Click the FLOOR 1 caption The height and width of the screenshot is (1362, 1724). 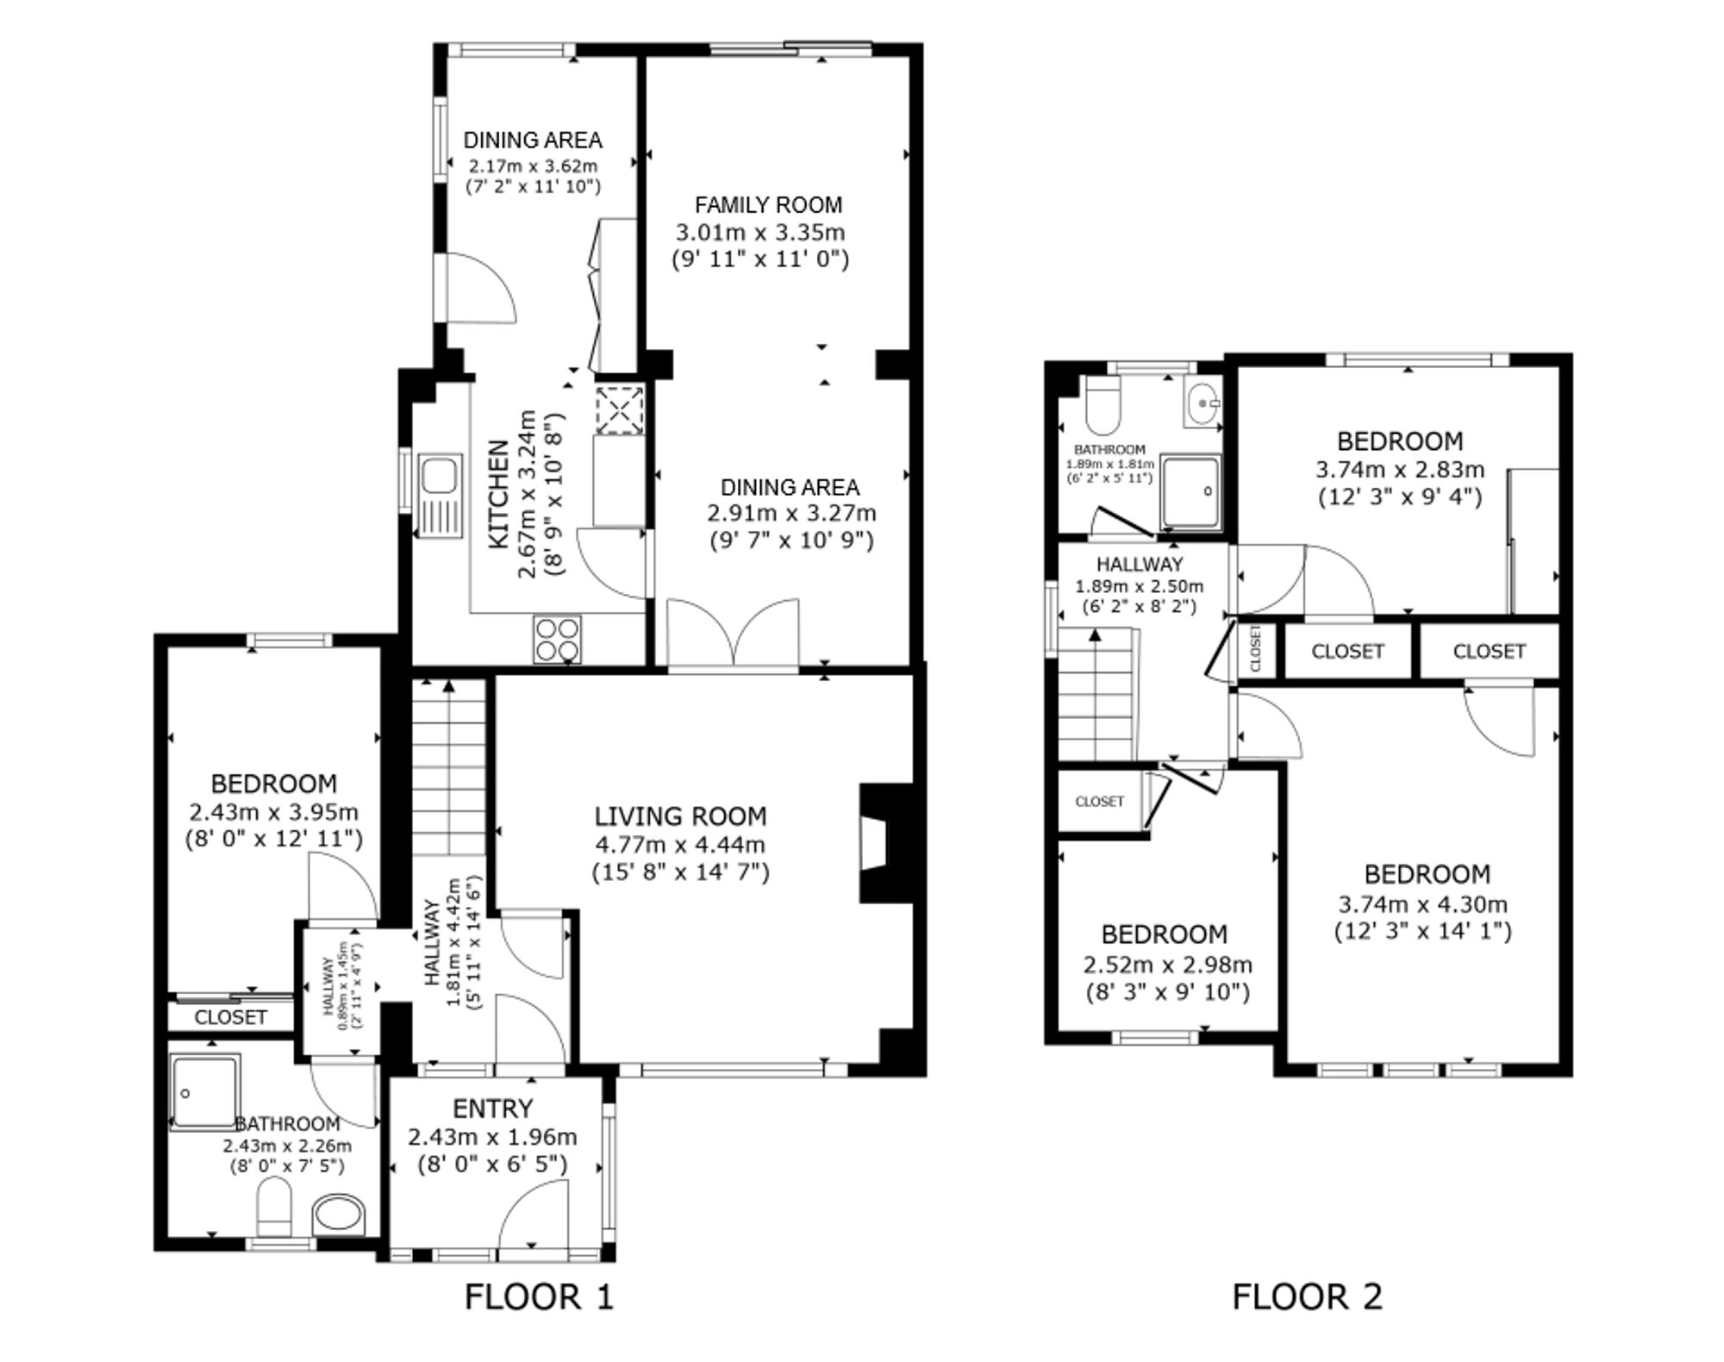(x=539, y=1296)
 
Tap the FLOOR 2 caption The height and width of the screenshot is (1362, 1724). (x=1307, y=1296)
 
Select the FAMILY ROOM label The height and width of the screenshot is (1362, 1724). (x=768, y=205)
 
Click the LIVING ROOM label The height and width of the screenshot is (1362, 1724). (x=680, y=816)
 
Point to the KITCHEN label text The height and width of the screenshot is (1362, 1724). (x=499, y=494)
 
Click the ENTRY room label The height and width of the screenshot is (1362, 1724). (x=493, y=1109)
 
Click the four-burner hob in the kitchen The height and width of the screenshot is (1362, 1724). (x=557, y=639)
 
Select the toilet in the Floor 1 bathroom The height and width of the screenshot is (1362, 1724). (x=275, y=1208)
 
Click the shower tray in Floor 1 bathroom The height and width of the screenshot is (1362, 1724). (x=204, y=1092)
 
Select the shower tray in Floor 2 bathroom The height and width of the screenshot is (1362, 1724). (x=1190, y=491)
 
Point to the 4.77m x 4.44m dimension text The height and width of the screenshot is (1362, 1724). (x=680, y=845)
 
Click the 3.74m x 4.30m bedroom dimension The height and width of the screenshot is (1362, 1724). (x=1422, y=904)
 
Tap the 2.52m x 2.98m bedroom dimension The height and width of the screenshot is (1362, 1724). (x=1167, y=965)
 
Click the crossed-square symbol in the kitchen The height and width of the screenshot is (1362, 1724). (x=620, y=409)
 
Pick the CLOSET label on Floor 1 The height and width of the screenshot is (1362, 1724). (x=230, y=1017)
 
